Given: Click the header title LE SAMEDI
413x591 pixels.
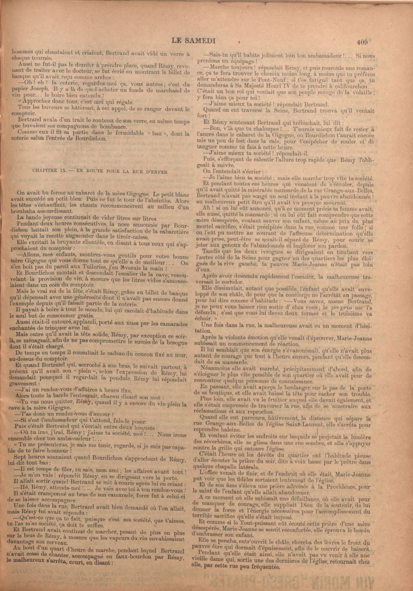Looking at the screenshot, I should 193,41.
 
